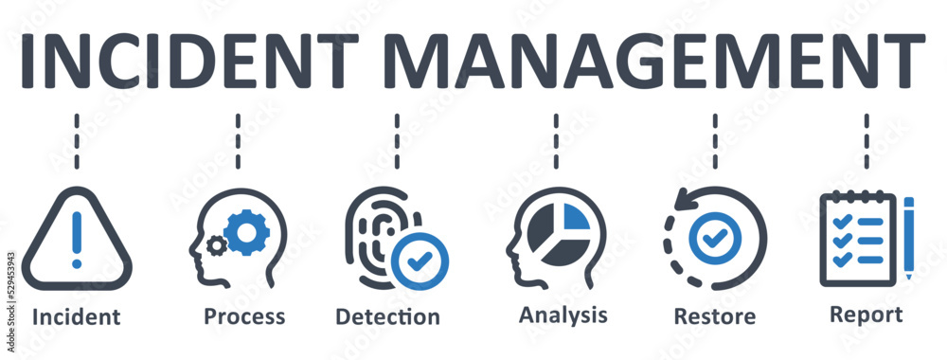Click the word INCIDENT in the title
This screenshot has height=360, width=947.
pos(188,61)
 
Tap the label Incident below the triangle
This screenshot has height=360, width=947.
pos(76,317)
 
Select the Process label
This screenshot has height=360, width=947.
pos(244,316)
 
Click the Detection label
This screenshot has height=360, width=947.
pos(387,316)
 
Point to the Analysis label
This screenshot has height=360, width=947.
pos(563,314)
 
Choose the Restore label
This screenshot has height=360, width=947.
pos(714,316)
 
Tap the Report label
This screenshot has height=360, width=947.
pos(866,314)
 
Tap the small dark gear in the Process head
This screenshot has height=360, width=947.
pos(217,245)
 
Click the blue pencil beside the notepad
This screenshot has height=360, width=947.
pos(908,237)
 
